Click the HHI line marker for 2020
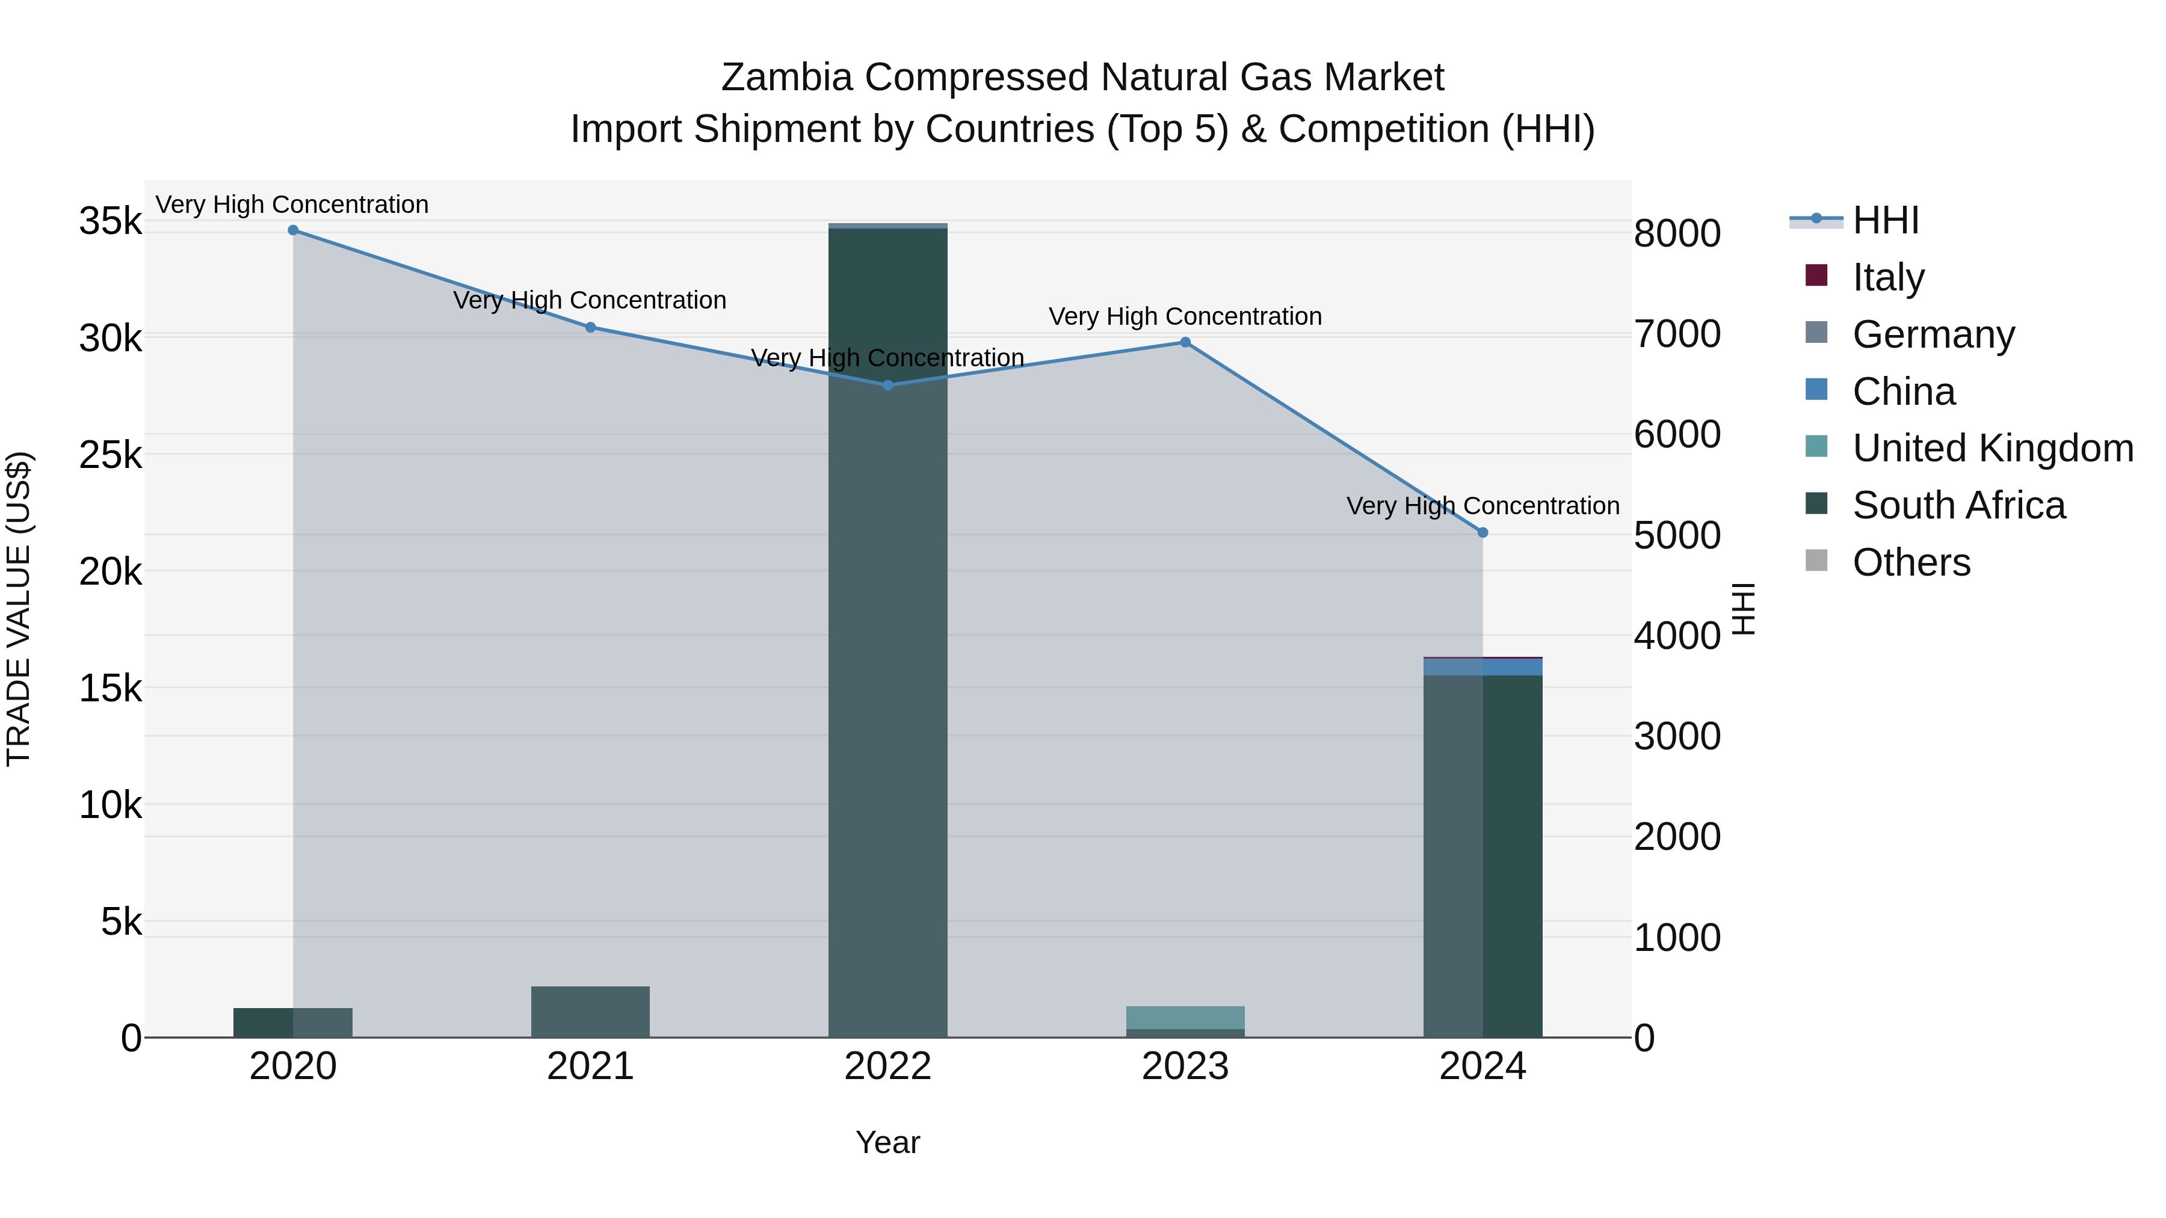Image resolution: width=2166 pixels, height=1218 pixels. [x=292, y=230]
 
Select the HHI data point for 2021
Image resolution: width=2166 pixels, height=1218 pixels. [x=590, y=327]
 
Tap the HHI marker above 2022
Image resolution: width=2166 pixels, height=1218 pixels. [x=888, y=385]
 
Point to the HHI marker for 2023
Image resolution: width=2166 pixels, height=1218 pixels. [x=1185, y=342]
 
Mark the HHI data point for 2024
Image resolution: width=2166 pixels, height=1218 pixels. [x=1483, y=533]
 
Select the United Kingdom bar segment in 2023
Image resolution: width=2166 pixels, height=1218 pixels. [x=1185, y=1017]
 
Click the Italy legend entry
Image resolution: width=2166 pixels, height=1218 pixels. [x=1887, y=277]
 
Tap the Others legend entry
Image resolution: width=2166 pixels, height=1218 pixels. [x=1910, y=562]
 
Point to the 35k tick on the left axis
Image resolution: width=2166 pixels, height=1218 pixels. [x=110, y=222]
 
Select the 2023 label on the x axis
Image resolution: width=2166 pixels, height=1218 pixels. [x=1185, y=1066]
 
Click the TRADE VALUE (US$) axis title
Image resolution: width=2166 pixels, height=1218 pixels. [x=19, y=609]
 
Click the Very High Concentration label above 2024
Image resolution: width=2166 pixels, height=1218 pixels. [x=1483, y=506]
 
